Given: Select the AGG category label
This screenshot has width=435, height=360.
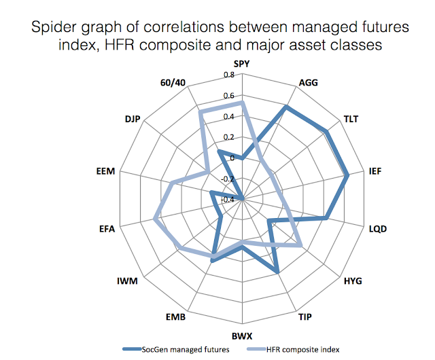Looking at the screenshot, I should click(307, 84).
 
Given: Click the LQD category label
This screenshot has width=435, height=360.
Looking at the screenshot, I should click(376, 229).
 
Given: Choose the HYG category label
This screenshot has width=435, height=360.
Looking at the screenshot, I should click(353, 281).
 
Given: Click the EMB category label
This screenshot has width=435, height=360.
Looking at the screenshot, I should click(177, 317).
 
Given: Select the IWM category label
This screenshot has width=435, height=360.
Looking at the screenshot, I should click(129, 281).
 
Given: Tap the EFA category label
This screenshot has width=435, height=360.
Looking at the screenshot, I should click(107, 229).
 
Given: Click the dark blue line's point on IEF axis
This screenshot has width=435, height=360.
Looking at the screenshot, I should click(347, 175).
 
